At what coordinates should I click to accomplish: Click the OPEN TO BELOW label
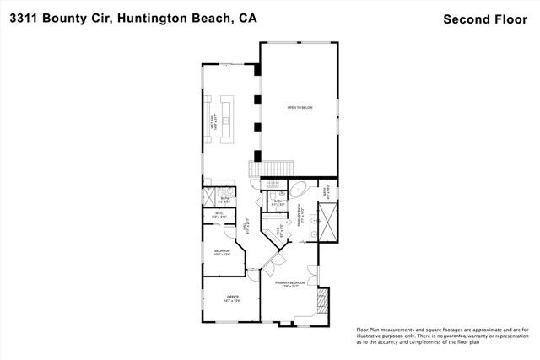(300, 108)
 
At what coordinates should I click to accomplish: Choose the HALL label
(246, 227)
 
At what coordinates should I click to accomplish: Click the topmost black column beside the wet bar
(256, 74)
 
